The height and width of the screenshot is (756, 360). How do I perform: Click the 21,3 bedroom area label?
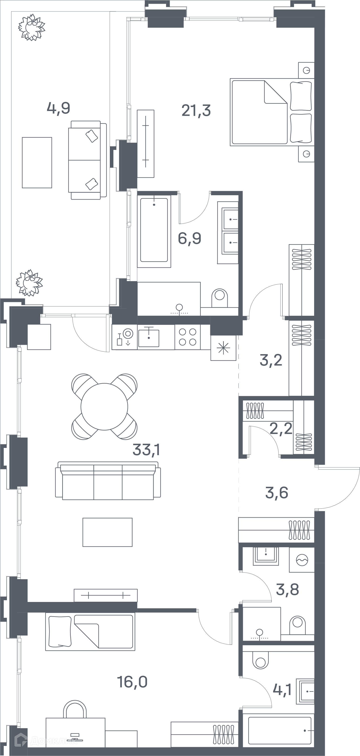196,111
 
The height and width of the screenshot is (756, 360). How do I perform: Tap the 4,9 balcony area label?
58,108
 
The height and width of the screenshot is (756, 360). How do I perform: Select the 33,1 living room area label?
146,449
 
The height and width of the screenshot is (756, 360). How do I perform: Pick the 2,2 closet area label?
281,429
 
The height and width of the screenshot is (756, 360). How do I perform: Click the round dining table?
104,407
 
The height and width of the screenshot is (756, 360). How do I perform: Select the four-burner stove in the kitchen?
188,337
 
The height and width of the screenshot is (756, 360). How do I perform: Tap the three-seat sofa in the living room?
108,481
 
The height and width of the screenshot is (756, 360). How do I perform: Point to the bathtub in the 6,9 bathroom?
154,230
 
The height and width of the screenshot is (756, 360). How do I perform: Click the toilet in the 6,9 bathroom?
220,298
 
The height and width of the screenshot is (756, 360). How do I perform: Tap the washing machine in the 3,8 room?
302,560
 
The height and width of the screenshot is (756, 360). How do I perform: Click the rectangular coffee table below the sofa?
108,532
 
